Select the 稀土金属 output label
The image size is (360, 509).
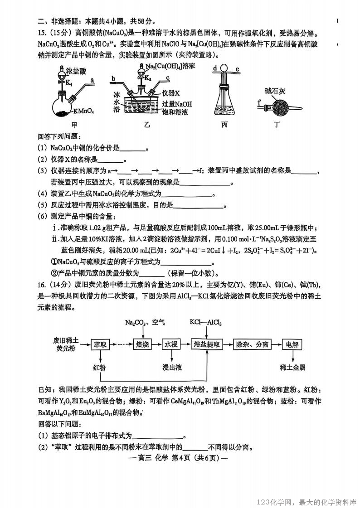tap(292, 367)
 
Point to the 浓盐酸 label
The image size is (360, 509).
tap(76, 71)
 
